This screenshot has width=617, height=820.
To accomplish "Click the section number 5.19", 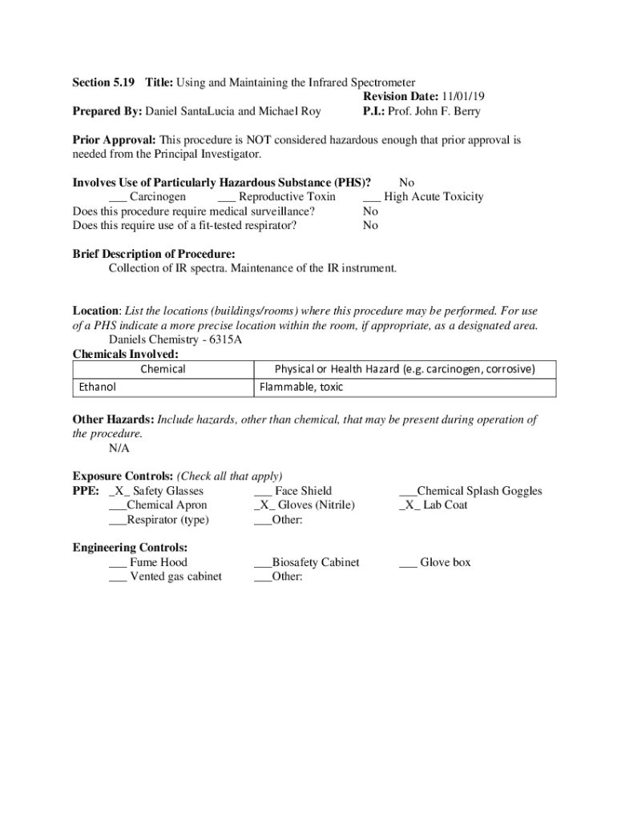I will tap(125, 82).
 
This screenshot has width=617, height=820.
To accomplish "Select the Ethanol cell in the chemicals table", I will tap(98, 387).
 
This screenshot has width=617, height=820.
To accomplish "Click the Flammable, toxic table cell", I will tap(301, 387).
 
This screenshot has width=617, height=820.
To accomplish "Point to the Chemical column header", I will tap(163, 369).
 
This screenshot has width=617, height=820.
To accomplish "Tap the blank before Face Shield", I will tap(263, 491).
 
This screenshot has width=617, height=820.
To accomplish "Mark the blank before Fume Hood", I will tap(117, 563).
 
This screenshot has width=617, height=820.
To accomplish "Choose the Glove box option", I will tap(445, 563).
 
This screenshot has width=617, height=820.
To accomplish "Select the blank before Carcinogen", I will tap(117, 197).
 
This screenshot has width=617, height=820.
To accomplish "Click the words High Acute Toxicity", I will tap(434, 197).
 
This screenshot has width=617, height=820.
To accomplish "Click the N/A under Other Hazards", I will tap(119, 448).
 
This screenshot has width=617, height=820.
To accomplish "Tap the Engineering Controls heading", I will tap(130, 548).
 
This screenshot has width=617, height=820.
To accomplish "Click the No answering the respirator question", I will tap(370, 226).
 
